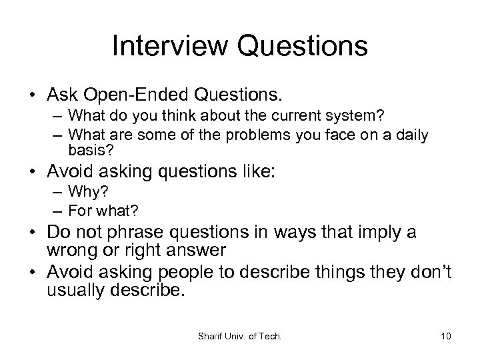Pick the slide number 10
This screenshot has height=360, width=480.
pos(445,336)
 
